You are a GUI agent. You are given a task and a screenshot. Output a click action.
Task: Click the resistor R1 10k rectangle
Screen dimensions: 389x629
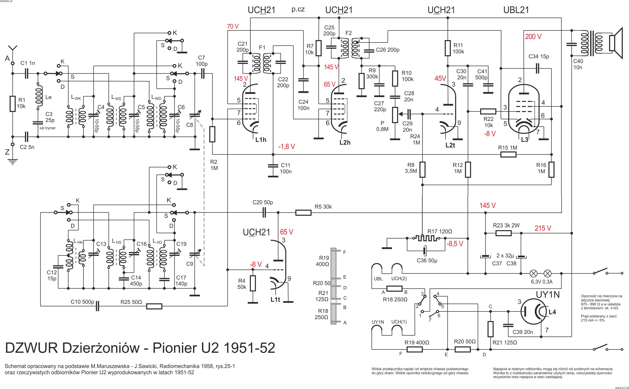(12, 104)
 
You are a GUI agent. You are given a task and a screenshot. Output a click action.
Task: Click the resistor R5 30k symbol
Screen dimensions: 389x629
(303, 213)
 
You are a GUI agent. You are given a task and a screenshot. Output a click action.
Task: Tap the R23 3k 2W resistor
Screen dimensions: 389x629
(503, 233)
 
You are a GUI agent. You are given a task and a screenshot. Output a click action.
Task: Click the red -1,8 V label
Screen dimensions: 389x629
(286, 147)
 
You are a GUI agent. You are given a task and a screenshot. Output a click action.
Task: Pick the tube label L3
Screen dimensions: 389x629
(525, 140)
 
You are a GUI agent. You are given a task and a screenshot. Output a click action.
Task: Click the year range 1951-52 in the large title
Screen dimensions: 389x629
(249, 348)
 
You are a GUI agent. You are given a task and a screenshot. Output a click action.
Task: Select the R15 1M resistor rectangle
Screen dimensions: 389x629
(508, 154)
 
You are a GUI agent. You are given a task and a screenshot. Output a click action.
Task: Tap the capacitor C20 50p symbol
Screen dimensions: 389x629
(264, 213)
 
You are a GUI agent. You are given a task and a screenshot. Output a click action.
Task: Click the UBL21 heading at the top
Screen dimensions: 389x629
(516, 10)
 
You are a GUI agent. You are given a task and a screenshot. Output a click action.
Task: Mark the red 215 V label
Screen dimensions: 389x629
(543, 228)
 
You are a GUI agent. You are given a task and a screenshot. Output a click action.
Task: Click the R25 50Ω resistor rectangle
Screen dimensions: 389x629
(154, 306)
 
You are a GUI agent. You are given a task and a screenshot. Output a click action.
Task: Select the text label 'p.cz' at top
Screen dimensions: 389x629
(298, 9)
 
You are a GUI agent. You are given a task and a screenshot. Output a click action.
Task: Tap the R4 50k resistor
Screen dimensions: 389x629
(253, 283)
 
